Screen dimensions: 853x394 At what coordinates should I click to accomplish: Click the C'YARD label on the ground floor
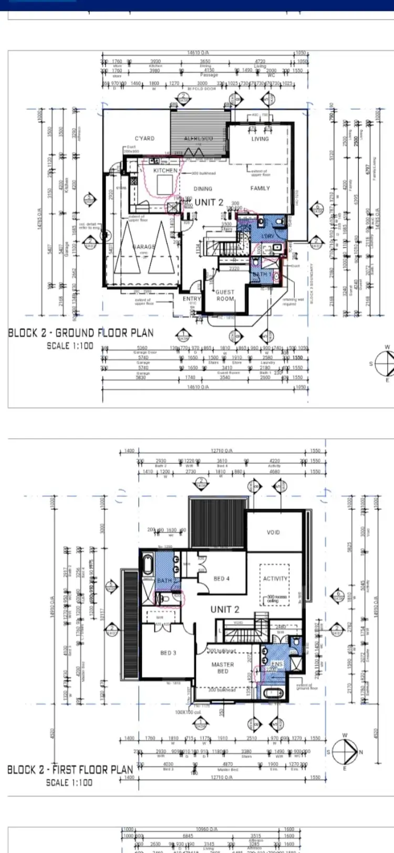point(144,139)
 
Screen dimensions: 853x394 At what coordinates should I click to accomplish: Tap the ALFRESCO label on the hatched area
point(198,139)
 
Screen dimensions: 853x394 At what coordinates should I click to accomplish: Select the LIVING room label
point(260,139)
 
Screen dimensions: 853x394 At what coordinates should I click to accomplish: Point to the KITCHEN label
point(165,171)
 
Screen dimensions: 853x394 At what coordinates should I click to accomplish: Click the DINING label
point(203,188)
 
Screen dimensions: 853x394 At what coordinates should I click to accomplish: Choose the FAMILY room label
point(260,188)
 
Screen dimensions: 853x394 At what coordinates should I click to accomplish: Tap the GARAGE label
point(144,246)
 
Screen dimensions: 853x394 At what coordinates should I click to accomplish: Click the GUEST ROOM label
point(225,295)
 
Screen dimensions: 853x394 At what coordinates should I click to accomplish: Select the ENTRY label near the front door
point(191,298)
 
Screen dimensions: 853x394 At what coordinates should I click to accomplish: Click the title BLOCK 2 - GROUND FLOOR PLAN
point(81,333)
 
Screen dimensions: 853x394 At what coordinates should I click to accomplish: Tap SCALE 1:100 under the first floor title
point(69,782)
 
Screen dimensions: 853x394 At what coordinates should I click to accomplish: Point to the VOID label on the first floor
point(273,532)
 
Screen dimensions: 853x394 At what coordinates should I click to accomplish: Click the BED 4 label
point(222,578)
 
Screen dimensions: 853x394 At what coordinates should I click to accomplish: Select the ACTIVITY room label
point(275,578)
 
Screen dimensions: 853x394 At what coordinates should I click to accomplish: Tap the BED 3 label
point(168,653)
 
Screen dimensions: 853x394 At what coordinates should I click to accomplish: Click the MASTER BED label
point(223,668)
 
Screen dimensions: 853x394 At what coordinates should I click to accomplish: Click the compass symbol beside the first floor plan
point(345,752)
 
